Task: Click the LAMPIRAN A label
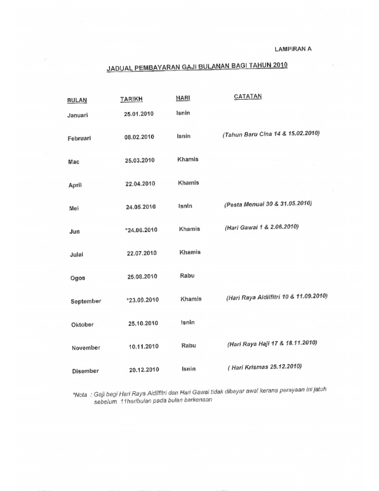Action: tap(293, 49)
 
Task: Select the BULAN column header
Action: tap(77, 100)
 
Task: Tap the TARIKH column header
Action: tap(131, 99)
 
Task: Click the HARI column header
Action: tap(183, 98)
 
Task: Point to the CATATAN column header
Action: tap(248, 96)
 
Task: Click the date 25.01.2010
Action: tap(139, 114)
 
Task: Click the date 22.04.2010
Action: tap(140, 184)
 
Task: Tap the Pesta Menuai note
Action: tap(268, 204)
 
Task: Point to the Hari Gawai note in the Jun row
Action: tap(262, 228)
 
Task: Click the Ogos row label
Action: tap(77, 278)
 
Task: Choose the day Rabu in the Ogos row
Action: tap(188, 276)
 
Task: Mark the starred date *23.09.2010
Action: tap(142, 300)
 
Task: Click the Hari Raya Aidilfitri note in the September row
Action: tap(277, 297)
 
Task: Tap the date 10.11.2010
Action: tap(144, 347)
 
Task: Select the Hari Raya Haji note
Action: tap(272, 343)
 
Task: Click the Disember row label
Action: tap(85, 371)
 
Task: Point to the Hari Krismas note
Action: tap(265, 367)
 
